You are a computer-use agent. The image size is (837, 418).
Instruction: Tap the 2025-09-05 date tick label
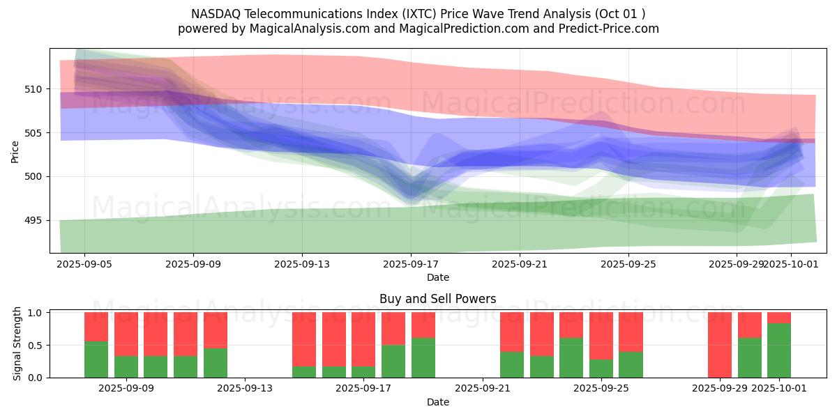click(x=84, y=264)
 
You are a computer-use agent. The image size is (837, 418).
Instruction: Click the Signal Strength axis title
click(x=18, y=345)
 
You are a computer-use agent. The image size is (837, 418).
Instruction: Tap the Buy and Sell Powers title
click(x=437, y=299)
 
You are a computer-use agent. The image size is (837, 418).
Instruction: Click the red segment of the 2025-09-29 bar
click(x=720, y=344)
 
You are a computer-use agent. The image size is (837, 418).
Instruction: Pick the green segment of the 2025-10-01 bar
click(x=779, y=350)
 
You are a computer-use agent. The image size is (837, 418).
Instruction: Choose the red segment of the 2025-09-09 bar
click(x=126, y=334)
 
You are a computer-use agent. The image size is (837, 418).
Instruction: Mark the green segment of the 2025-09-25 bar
click(x=631, y=364)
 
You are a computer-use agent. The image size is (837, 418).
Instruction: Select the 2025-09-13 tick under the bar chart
click(x=245, y=389)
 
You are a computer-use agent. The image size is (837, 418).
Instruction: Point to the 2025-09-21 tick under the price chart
click(x=520, y=264)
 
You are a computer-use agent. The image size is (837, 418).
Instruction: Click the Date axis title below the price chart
click(x=437, y=277)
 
